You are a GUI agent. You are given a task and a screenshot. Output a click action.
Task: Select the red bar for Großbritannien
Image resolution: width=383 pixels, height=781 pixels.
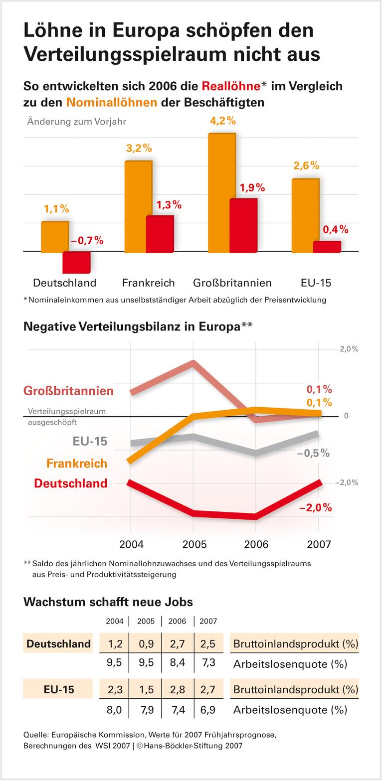243,225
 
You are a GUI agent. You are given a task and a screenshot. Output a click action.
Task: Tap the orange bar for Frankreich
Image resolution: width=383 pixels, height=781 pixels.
138,206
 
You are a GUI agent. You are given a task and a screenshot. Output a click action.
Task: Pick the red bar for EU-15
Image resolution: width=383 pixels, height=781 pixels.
327,247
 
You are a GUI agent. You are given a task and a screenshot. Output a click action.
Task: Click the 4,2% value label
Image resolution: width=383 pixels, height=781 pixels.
223,121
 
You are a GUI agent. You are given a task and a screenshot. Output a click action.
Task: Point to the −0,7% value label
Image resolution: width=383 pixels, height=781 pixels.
87,241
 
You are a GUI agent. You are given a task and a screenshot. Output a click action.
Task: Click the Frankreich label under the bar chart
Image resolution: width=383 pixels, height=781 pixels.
149,283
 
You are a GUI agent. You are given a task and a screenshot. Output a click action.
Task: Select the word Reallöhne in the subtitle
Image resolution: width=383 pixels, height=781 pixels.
231,86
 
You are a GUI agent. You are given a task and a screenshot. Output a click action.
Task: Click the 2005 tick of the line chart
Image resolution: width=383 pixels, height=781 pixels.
194,544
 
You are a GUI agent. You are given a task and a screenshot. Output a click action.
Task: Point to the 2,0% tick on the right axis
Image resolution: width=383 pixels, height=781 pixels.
349,349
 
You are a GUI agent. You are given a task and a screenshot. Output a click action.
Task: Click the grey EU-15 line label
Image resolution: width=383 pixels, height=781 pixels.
90,441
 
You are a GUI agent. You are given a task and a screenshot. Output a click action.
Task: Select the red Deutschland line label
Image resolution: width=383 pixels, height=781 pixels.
71,483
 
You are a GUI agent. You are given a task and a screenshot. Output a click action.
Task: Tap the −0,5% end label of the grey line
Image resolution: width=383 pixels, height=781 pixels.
313,453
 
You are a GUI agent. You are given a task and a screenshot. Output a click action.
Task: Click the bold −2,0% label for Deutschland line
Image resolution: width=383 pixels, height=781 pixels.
315,508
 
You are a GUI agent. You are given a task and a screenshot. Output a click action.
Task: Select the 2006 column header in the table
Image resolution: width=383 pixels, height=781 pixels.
177,622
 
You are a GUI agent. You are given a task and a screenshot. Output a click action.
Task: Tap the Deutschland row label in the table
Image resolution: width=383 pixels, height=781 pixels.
58,643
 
